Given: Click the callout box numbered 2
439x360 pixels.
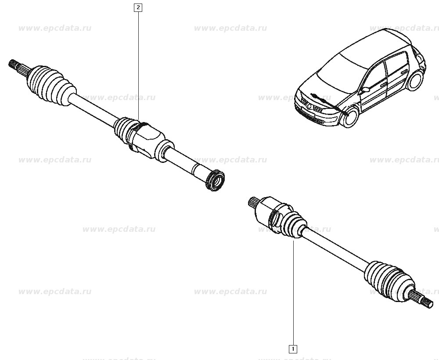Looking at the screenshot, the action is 138,7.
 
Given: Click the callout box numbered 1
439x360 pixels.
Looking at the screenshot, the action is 293,349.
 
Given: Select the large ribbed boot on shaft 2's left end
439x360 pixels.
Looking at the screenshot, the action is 51,86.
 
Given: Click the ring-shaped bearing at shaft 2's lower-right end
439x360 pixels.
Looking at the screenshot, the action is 215,181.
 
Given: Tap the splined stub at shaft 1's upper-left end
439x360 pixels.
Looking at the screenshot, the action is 254,202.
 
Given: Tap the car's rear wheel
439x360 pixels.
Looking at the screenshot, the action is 415,81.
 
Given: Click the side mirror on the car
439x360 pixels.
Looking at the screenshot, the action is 365,90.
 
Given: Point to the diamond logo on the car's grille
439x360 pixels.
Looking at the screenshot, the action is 309,105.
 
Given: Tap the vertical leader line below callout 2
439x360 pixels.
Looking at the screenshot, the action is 138,65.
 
